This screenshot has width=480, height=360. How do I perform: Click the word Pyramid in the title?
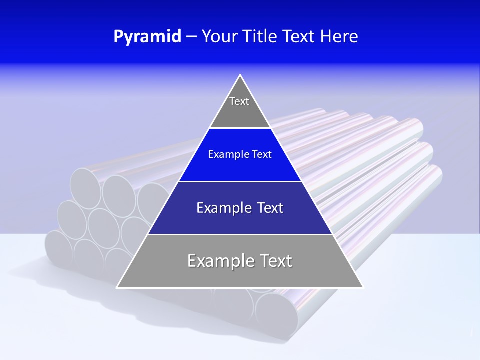click(x=147, y=37)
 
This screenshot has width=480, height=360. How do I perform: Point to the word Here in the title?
click(x=339, y=37)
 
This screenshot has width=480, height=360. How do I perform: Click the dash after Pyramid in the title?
click(x=191, y=37)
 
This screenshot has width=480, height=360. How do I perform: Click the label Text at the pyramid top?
click(x=239, y=101)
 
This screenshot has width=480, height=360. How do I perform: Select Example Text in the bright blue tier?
click(x=240, y=154)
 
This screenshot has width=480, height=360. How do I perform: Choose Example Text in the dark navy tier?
click(x=240, y=208)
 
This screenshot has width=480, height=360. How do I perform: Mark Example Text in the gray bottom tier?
click(x=240, y=261)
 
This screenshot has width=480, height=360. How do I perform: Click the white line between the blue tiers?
click(x=240, y=181)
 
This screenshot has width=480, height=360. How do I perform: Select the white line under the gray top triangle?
click(x=240, y=128)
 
